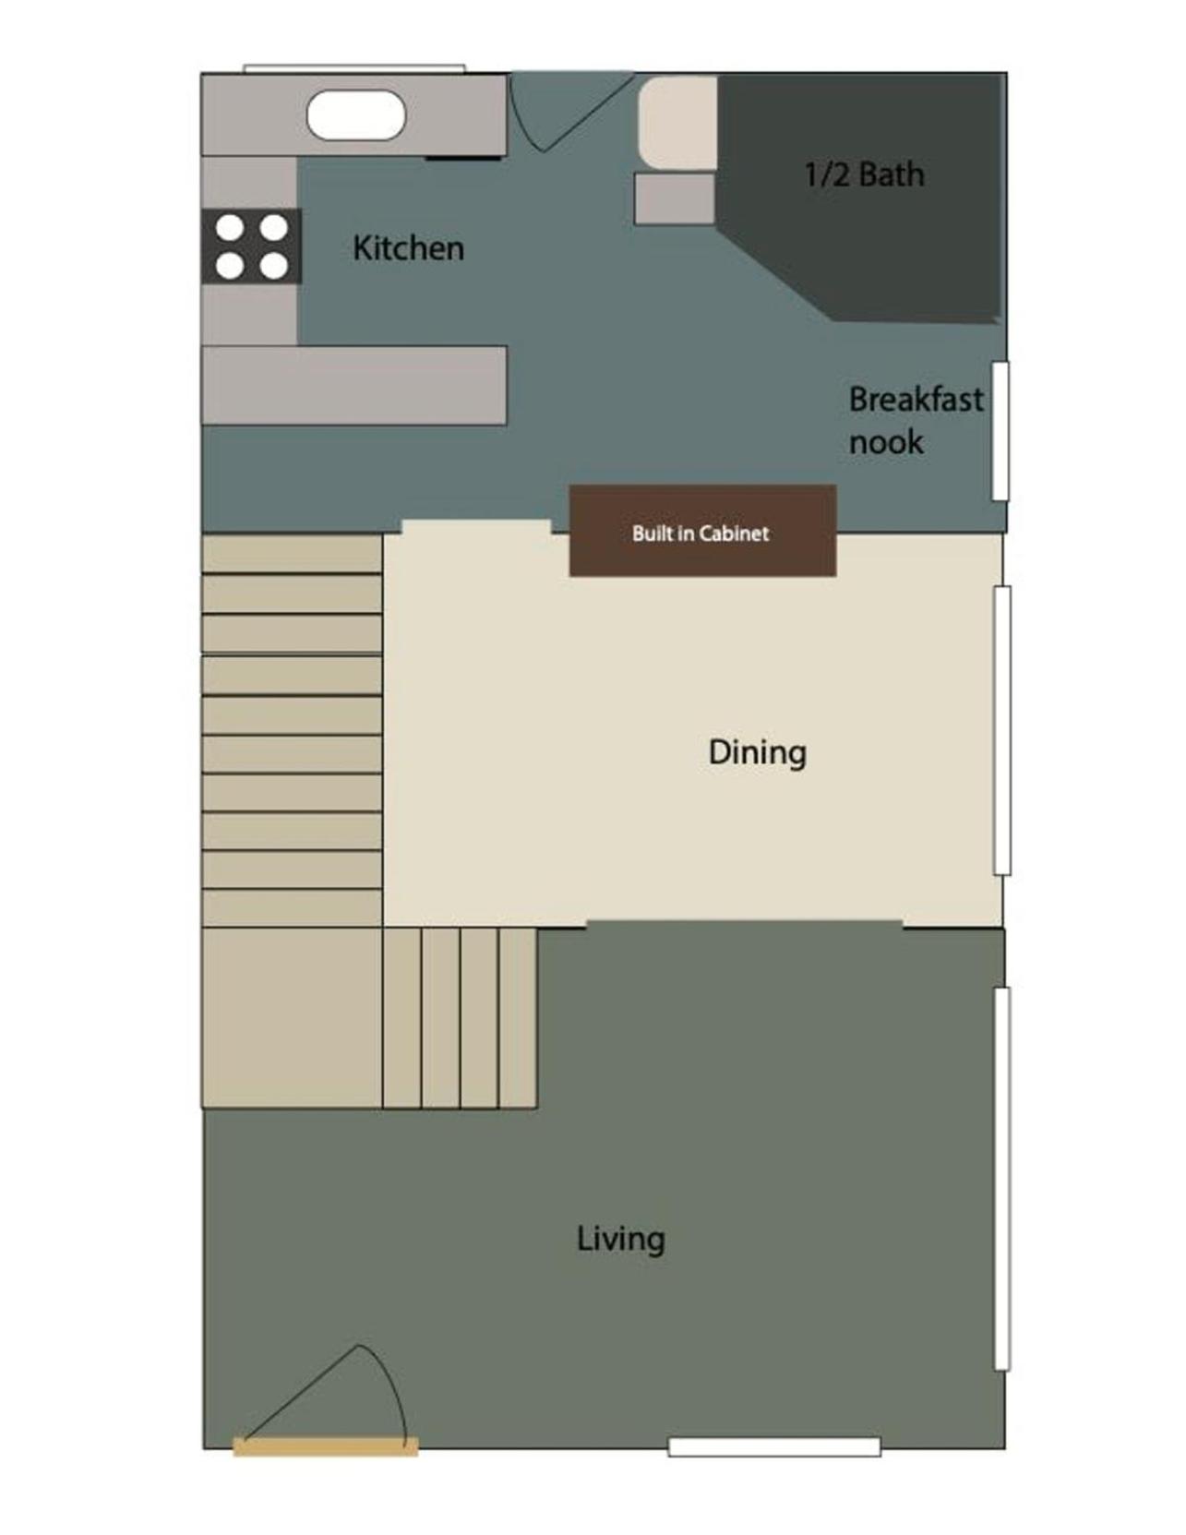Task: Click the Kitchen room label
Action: tap(408, 248)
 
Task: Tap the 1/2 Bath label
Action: tap(865, 174)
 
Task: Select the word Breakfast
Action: tap(916, 399)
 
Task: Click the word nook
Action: tap(886, 442)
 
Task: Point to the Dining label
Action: tap(757, 752)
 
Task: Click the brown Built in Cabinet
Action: tap(703, 531)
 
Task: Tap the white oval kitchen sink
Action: tap(356, 115)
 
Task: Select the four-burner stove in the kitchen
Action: tap(251, 246)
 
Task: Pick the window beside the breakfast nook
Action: tap(1000, 431)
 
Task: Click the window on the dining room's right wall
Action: tap(1002, 730)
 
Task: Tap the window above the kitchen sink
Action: tap(354, 68)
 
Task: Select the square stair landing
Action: tap(293, 1018)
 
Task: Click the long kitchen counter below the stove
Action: tap(354, 386)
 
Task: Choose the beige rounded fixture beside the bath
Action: tap(678, 125)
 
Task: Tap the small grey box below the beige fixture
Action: tap(675, 199)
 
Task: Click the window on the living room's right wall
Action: tap(1002, 1179)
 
